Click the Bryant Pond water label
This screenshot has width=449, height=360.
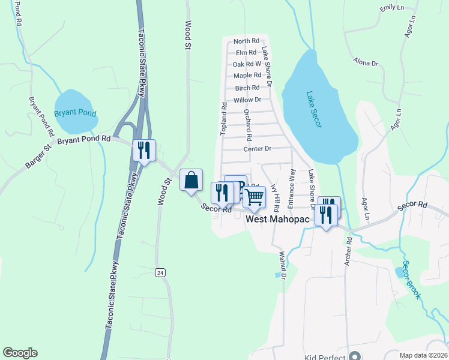coord(75,112)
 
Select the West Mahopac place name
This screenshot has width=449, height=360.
coord(278,220)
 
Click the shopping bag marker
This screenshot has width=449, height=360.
coord(191,180)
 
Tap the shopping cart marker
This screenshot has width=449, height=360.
coord(255,197)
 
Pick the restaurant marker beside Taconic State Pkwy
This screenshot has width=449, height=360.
coord(144,150)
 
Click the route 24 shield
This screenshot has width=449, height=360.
coord(159,272)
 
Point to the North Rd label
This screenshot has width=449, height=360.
coord(246,41)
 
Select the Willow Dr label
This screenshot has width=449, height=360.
coord(248,100)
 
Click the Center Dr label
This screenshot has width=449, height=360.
coord(258,149)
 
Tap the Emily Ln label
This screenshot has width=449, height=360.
coord(393,8)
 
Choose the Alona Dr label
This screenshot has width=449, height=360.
coord(366,62)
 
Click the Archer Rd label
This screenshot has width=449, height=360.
coord(348,252)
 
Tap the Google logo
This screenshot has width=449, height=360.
coord(20,353)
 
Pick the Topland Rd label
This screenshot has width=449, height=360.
coord(223,119)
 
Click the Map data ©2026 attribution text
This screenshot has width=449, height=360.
coord(424,356)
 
